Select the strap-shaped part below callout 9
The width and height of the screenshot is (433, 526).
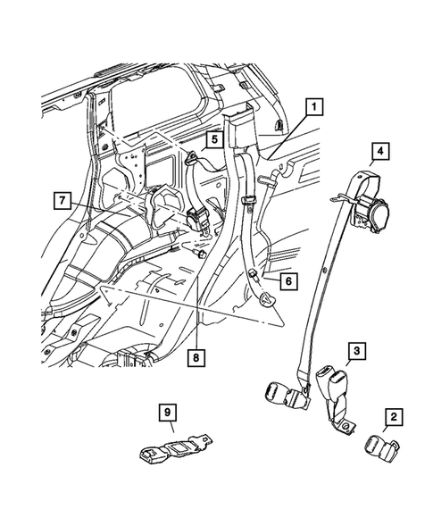[x=179, y=448]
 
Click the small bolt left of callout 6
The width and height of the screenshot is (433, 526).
[x=254, y=273]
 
